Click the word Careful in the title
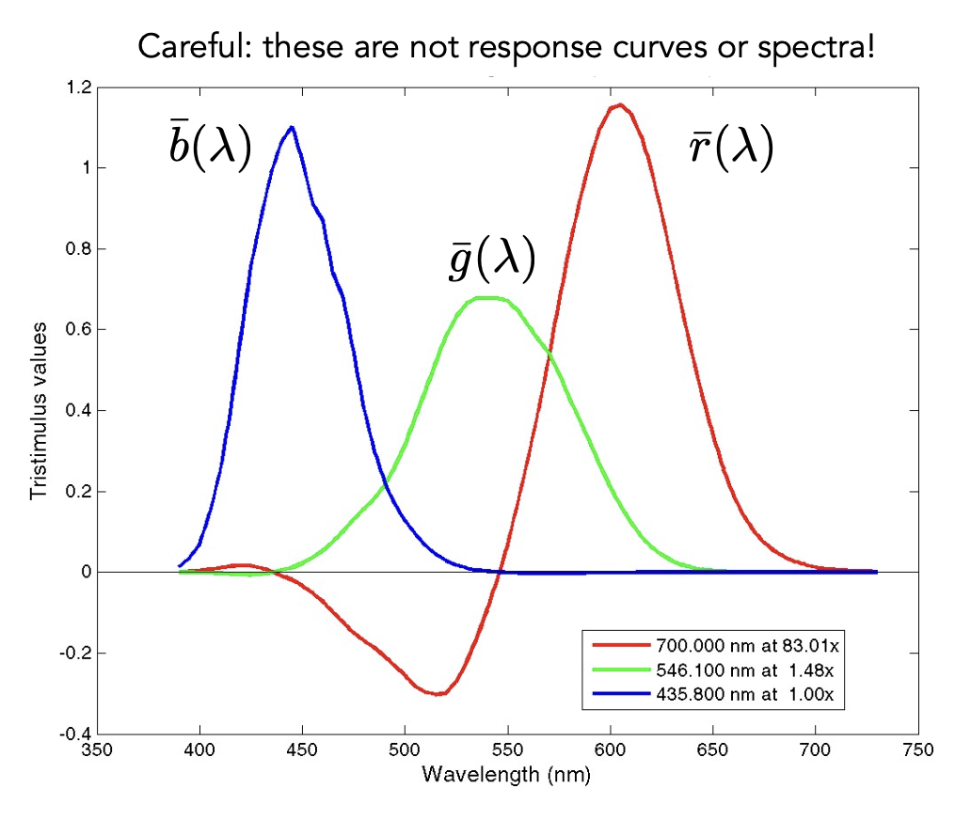point(194,47)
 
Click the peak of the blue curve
point(292,127)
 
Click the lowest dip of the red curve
point(438,694)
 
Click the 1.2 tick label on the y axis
point(78,88)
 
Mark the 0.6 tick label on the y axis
point(78,330)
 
